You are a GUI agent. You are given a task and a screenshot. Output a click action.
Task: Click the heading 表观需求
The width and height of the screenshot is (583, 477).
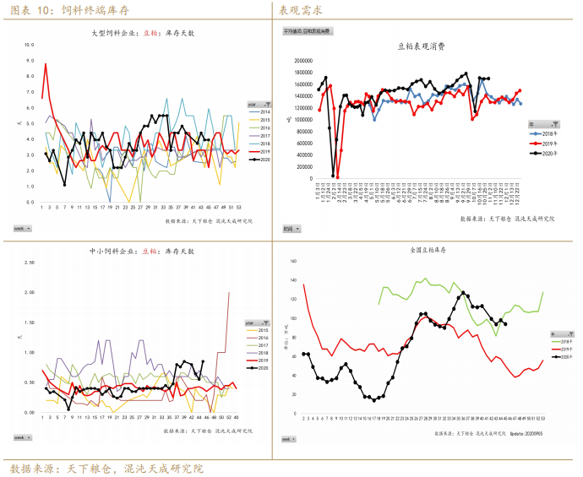(300, 10)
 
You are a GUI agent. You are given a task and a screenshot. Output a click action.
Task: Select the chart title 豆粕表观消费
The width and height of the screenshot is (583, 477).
(421, 47)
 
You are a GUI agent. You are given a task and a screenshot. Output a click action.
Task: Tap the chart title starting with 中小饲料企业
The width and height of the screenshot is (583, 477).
(142, 252)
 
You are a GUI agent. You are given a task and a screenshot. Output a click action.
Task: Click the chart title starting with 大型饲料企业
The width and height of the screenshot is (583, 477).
(143, 33)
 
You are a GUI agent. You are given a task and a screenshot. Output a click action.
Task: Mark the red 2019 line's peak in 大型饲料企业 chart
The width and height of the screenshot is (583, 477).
(46, 64)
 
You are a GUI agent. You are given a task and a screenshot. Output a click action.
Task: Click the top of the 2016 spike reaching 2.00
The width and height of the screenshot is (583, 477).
(229, 292)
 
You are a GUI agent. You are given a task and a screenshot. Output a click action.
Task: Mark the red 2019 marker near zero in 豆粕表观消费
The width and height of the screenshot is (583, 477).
(336, 176)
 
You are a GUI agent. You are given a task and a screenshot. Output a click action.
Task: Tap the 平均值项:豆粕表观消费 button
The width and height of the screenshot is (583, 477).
(308, 30)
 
